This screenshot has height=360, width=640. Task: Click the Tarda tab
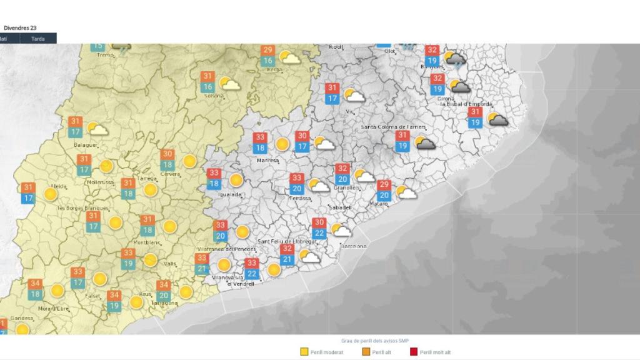tap(38, 39)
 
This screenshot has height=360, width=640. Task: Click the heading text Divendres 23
tap(20, 28)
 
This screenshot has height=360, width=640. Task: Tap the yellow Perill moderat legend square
tap(304, 352)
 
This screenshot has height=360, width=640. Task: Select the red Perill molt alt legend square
tap(414, 352)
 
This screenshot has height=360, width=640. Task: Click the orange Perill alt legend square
tap(366, 352)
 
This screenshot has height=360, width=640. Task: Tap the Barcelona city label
tap(353, 246)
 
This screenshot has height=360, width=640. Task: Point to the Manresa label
tap(267, 161)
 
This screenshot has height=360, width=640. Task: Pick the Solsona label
tap(214, 96)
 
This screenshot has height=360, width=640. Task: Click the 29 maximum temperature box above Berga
tap(267, 51)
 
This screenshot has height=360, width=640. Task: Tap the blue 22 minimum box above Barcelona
tap(319, 233)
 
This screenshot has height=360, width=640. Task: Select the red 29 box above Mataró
tap(384, 185)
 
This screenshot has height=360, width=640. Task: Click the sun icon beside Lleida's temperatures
tap(51, 194)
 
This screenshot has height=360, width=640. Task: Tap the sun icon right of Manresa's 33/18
tap(282, 144)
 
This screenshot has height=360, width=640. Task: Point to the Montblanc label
tap(147, 242)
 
